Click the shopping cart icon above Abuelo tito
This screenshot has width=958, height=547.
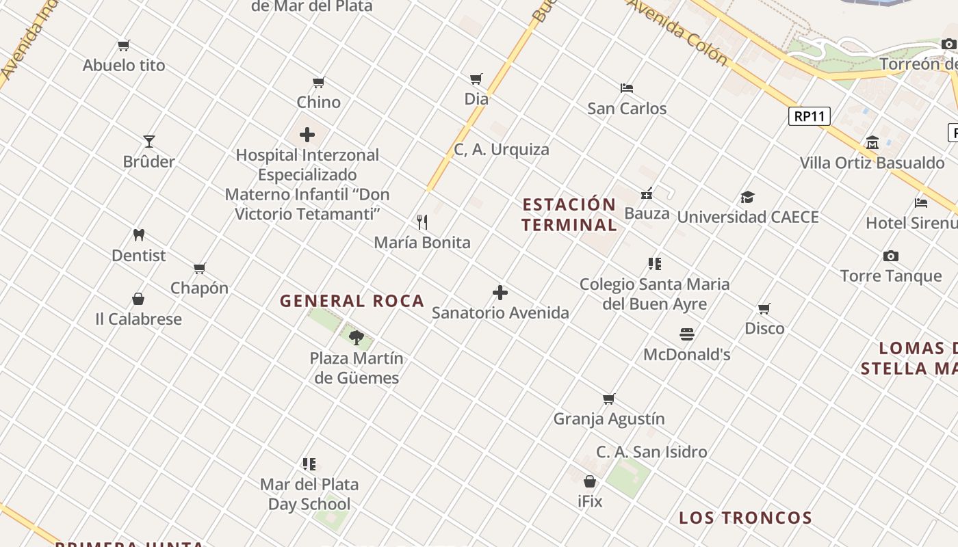pos(124,46)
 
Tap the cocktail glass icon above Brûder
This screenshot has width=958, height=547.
pos(149,142)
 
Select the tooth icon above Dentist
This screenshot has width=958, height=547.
pos(139,235)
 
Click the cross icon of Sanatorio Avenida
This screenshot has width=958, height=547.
pos(500,293)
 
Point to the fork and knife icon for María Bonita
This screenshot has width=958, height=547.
pos(422,222)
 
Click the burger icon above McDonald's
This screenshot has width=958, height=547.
pos(687,334)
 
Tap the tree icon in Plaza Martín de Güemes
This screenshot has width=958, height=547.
pos(356,337)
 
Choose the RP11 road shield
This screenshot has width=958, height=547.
pos(810,116)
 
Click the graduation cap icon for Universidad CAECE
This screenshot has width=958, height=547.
pos(747,198)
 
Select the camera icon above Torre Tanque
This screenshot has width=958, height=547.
pos(890,256)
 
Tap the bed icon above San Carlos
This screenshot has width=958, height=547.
pos(627,88)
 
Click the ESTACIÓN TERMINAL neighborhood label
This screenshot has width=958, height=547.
pos(569,215)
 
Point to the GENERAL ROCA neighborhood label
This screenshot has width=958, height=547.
pos(352,301)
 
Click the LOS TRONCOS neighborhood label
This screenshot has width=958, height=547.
pos(745,518)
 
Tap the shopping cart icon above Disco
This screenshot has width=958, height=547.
pos(764,309)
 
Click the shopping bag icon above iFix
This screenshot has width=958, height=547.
pos(590,481)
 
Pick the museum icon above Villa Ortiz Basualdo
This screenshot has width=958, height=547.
pos(872,143)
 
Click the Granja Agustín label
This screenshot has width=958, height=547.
pos(609,418)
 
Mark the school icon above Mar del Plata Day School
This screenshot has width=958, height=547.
pos(309,464)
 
